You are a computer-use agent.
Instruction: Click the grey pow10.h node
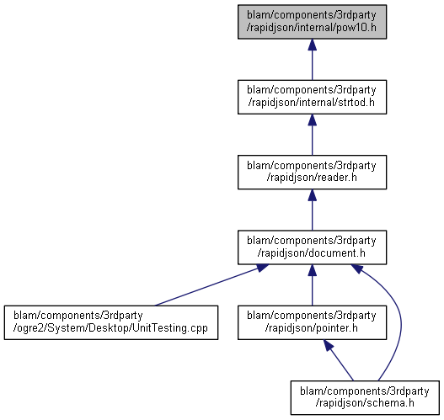(x=312, y=22)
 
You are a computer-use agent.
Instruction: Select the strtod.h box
(x=312, y=97)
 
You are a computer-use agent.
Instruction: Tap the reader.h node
(x=312, y=173)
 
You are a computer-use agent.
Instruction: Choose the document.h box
(x=312, y=247)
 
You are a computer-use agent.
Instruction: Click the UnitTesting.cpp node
(x=111, y=322)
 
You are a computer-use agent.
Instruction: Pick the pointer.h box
(x=312, y=322)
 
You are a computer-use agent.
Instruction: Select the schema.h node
(x=365, y=397)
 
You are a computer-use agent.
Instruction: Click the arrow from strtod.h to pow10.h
(x=312, y=60)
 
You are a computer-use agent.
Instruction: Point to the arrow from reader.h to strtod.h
(x=312, y=135)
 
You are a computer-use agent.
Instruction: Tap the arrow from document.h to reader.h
(x=312, y=210)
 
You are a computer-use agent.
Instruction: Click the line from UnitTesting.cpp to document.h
(x=211, y=285)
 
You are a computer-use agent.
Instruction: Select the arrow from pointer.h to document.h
(x=312, y=285)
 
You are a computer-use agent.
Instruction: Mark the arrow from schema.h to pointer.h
(x=339, y=360)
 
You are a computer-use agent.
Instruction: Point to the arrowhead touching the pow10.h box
(x=312, y=45)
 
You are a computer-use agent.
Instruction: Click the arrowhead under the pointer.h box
(x=329, y=345)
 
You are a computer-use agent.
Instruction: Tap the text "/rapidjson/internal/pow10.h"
(x=312, y=28)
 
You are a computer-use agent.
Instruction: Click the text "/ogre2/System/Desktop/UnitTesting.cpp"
(x=110, y=328)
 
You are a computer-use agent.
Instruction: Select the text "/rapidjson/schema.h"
(x=365, y=403)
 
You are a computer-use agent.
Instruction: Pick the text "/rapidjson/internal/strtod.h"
(x=312, y=103)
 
